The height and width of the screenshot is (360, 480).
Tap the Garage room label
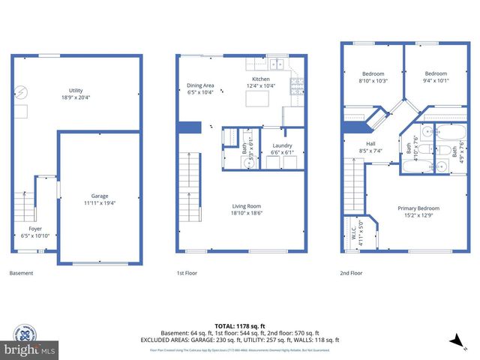pos(99,197)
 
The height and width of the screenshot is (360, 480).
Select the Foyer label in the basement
pos(35,228)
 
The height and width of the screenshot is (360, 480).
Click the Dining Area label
pos(200,85)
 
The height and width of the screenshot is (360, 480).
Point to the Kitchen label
pos(260,79)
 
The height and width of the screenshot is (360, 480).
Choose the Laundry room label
pos(282,145)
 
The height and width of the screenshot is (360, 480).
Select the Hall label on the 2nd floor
pos(370,144)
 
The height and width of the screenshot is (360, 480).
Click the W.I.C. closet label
pos(348,230)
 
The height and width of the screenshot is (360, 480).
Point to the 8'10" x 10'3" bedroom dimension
pos(373,80)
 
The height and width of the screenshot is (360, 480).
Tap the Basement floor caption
pos(21,273)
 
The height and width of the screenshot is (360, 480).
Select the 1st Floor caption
pos(186,273)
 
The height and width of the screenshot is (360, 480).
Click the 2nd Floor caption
pos(351,273)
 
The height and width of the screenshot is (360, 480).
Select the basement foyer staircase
pos(24,203)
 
